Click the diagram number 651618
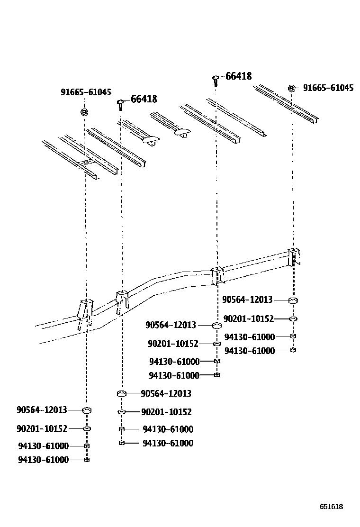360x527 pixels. pyautogui.click(x=331, y=507)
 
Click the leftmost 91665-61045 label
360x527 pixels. pyautogui.click(x=86, y=92)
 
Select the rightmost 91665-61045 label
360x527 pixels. pyautogui.click(x=328, y=88)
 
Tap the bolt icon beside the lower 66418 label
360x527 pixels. pyautogui.click(x=120, y=104)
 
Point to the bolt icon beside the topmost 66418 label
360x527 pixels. pyautogui.click(x=216, y=80)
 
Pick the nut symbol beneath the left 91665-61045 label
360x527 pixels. pyautogui.click(x=84, y=112)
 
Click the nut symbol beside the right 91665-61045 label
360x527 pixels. pyautogui.click(x=292, y=88)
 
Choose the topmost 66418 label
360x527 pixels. pyautogui.click(x=238, y=76)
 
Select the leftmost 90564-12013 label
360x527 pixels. pyautogui.click(x=42, y=409)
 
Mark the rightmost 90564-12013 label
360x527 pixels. pyautogui.click(x=247, y=300)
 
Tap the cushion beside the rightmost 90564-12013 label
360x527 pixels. pyautogui.click(x=293, y=300)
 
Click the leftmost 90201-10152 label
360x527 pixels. pyautogui.click(x=42, y=428)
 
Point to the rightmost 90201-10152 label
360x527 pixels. pyautogui.click(x=248, y=318)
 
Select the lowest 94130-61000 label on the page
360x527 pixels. pyautogui.click(x=43, y=459)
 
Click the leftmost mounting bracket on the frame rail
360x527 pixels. pyautogui.click(x=85, y=313)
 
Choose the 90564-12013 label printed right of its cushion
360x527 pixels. pyautogui.click(x=166, y=393)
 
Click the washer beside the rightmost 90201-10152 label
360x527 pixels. pyautogui.click(x=293, y=318)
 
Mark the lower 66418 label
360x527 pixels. pyautogui.click(x=144, y=99)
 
